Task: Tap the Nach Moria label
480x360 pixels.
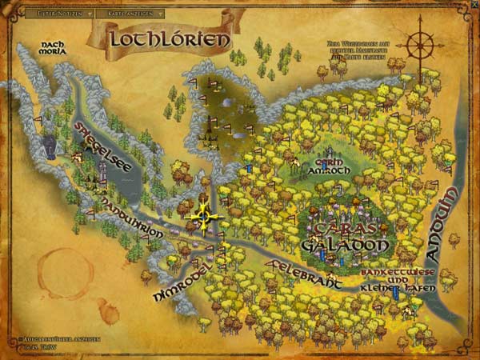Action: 52,49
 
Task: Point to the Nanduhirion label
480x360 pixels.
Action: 132,214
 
